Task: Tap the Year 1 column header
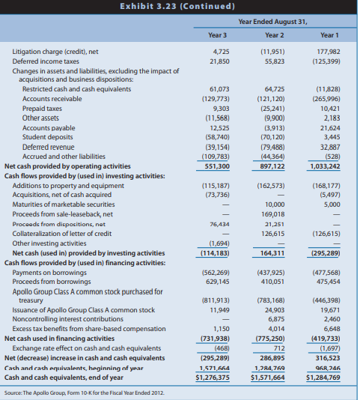pos(329,35)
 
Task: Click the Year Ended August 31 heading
pos(273,22)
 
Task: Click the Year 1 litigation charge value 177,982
pos(328,51)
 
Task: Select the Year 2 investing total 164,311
pos(273,253)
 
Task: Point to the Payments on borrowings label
pos(50,272)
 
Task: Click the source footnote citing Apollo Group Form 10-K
pos(84,392)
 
